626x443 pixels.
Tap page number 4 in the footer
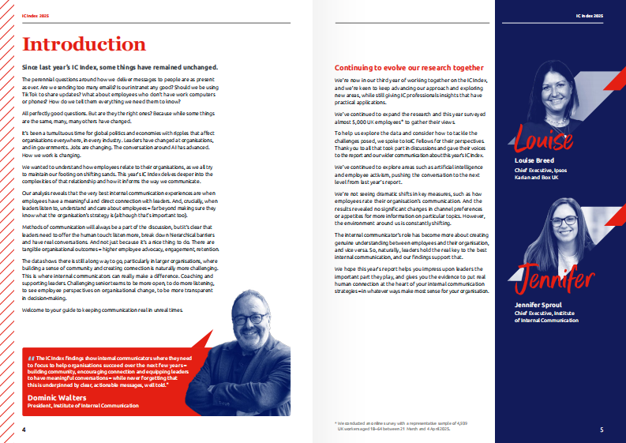[x=24, y=430]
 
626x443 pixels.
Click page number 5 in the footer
[x=601, y=430]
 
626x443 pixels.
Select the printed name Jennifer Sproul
[x=529, y=304]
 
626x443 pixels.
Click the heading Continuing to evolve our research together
[x=409, y=68]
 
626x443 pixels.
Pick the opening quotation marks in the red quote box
[x=31, y=358]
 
